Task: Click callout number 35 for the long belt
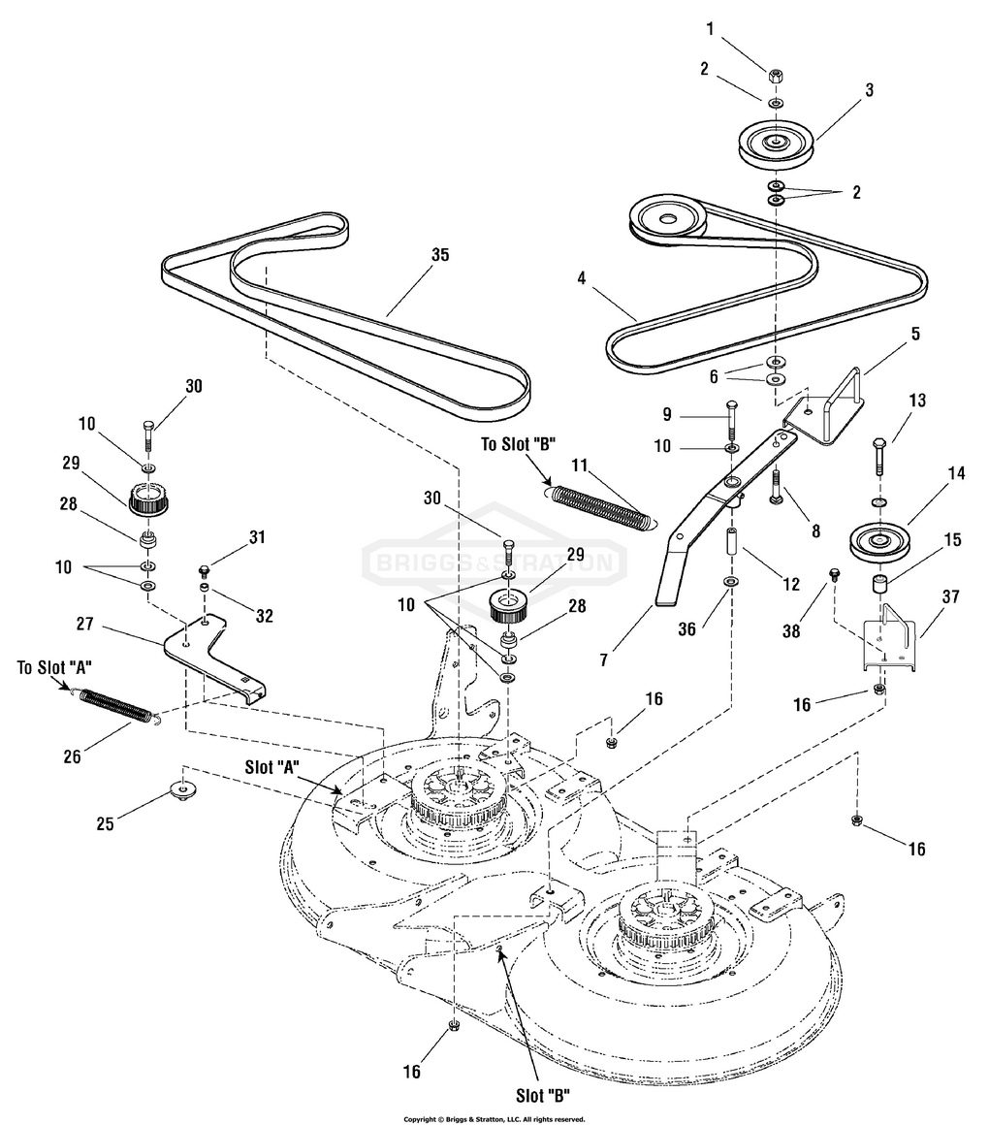(439, 255)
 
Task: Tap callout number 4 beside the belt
(581, 277)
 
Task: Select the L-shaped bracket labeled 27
(213, 658)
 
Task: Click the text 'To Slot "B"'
(518, 444)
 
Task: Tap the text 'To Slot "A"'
(54, 667)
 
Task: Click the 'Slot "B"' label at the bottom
(543, 1096)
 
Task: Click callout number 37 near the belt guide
(950, 596)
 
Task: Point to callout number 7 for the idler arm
(603, 659)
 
